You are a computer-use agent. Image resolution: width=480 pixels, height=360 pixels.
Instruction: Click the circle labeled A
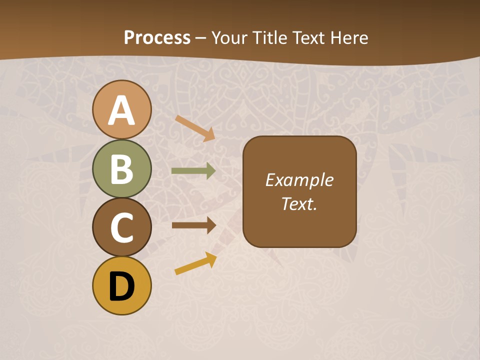point(121,109)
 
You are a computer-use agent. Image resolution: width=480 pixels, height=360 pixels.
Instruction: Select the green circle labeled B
point(121,168)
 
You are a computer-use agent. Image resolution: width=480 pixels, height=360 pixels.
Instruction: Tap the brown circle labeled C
point(121,227)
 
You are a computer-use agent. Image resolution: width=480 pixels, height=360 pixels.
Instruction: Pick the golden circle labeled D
point(121,285)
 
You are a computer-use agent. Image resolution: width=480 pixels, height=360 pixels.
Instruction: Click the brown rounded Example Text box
point(299,191)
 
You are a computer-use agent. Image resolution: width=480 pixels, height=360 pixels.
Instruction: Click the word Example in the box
point(299,180)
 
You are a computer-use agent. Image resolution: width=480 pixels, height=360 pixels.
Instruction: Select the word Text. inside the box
point(299,203)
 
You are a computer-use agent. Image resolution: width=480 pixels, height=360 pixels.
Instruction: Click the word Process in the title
point(157,37)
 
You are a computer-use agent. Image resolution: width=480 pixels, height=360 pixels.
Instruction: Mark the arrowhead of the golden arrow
point(211,259)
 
